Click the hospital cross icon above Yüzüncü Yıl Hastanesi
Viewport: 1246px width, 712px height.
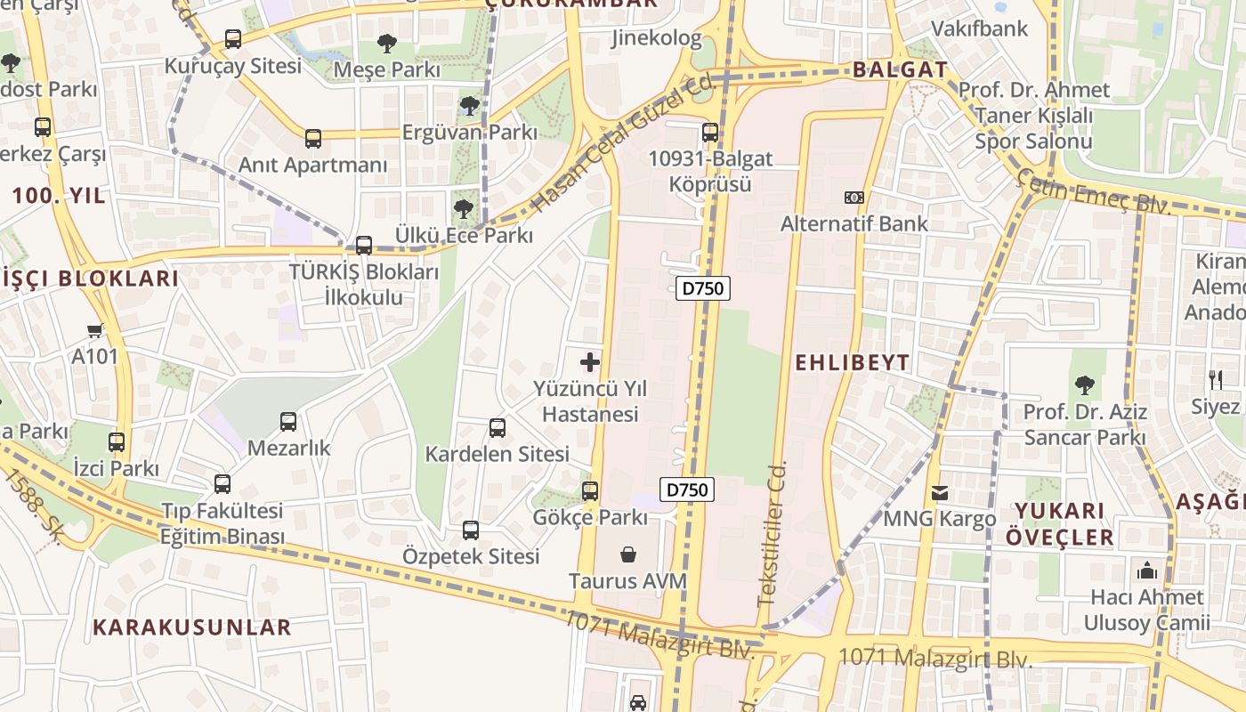click(589, 362)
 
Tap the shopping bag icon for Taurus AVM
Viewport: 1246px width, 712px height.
click(628, 554)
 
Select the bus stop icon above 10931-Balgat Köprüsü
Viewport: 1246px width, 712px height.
click(709, 133)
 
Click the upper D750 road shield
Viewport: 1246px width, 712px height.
click(703, 288)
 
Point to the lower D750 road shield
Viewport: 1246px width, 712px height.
click(687, 489)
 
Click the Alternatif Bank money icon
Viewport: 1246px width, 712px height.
click(854, 197)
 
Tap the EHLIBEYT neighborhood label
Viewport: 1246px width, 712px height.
click(852, 362)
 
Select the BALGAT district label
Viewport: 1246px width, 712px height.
click(900, 70)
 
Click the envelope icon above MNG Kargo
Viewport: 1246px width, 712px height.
click(939, 492)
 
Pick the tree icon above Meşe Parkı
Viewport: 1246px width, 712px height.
click(386, 43)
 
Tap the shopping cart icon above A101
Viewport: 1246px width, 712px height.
click(94, 330)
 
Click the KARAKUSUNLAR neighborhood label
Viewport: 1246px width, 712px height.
click(192, 627)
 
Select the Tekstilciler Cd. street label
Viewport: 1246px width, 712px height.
click(773, 534)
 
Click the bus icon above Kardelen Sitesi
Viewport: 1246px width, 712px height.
click(497, 427)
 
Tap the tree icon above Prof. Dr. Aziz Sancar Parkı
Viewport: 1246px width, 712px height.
click(1084, 385)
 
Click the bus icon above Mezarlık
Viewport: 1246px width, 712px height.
click(287, 422)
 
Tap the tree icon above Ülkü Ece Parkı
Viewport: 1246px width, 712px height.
click(463, 209)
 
